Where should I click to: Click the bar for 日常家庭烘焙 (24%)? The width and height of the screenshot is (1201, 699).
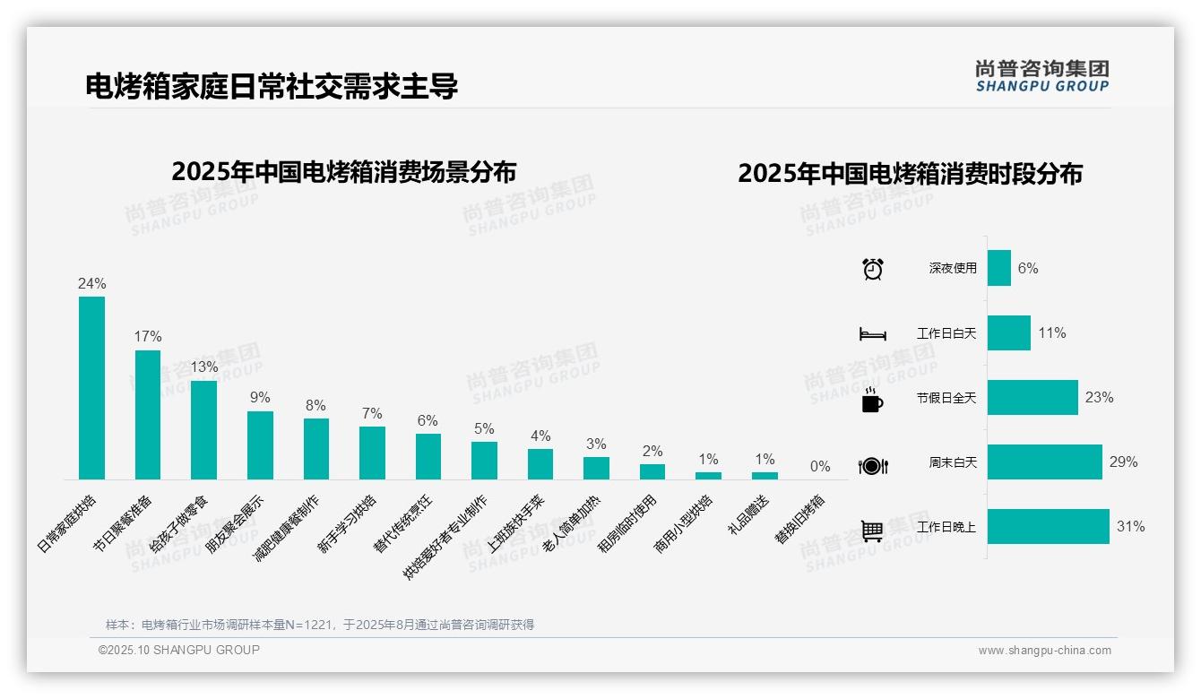coord(91,388)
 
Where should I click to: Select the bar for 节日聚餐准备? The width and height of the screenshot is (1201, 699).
coord(148,415)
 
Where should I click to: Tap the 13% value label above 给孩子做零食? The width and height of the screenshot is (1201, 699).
coord(203,367)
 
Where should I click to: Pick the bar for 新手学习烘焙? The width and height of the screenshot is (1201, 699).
coord(372,453)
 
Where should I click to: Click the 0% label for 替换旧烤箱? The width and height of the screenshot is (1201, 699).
coord(820,466)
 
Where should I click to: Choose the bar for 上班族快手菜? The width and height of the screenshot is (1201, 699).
coord(540,464)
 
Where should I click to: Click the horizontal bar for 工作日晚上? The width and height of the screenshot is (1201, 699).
coord(1048,527)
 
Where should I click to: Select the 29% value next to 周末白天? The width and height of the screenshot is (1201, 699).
coord(1123,462)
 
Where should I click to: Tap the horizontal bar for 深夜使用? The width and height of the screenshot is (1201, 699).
coord(998,268)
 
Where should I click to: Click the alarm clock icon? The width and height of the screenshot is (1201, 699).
coord(872,269)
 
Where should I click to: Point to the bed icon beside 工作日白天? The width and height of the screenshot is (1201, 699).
coord(872,334)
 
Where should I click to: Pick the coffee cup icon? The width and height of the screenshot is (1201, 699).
coord(872,400)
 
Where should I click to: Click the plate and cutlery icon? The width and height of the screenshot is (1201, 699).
coord(872,465)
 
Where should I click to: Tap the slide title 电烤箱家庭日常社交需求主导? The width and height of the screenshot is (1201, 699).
coord(272,86)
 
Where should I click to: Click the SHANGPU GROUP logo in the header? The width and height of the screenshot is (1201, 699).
coord(1041,76)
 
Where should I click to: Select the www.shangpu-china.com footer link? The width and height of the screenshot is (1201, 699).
coord(1044,651)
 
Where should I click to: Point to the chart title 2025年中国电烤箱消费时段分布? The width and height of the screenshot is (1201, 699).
coord(910,173)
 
